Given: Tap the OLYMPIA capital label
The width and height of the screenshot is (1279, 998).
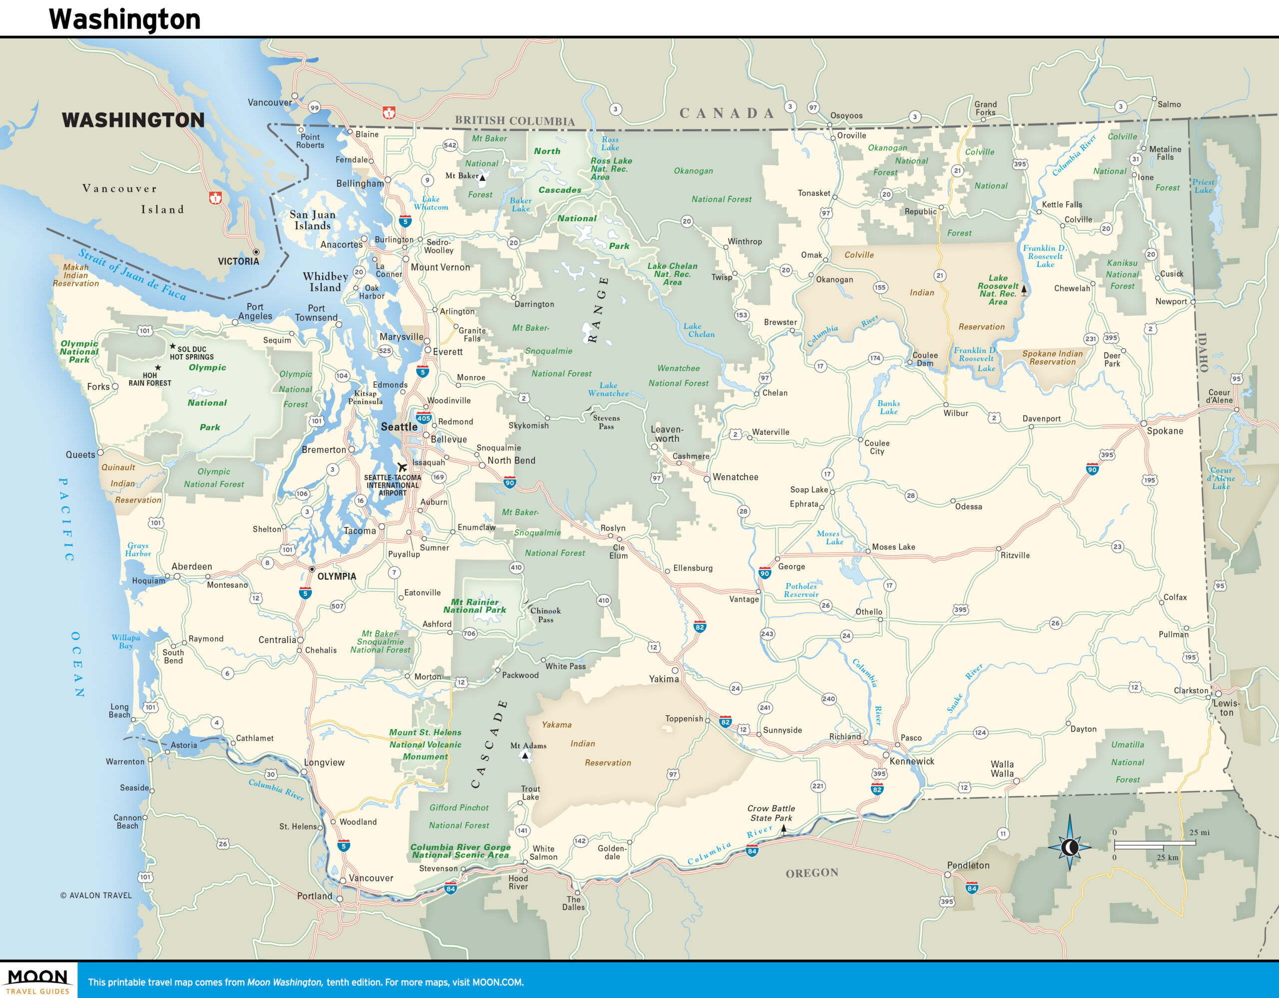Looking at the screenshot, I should point(336,576).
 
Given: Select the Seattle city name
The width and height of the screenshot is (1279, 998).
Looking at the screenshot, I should point(399,427).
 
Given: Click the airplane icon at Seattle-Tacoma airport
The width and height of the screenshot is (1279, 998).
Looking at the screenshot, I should point(402,467).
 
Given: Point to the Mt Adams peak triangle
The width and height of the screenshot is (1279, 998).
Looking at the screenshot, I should point(525,756).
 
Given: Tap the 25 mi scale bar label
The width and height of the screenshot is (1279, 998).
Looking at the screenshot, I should point(1199,832).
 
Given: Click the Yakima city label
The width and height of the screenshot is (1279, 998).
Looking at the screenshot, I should point(663,679).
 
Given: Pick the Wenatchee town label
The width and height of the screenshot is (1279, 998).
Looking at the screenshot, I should point(735,477).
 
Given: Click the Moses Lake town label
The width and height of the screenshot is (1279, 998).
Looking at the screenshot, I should point(893,547).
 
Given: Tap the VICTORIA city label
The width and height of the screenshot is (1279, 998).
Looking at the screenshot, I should point(238,261).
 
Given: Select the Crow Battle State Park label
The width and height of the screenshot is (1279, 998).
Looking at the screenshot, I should point(771,813).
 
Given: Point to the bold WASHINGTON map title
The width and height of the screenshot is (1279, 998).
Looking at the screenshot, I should point(133,120).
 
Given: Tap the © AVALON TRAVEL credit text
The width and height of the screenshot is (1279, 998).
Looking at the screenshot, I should point(96,895).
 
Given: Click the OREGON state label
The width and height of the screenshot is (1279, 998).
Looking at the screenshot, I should point(812,873).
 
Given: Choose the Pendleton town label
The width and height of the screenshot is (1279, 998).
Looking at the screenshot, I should point(968,865).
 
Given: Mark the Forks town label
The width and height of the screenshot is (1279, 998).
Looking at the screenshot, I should point(98,386).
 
